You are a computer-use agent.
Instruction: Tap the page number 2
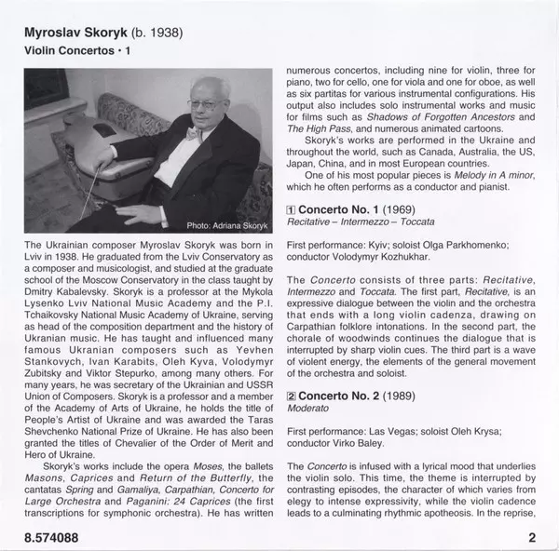point(532,537)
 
